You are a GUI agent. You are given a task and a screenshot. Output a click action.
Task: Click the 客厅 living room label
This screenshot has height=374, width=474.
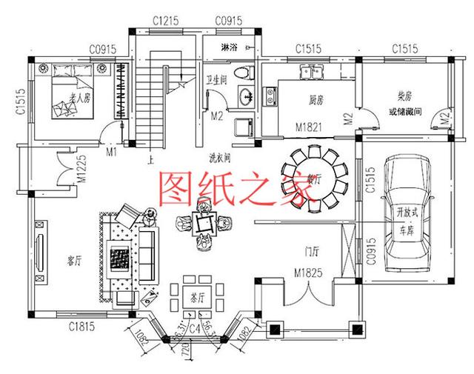[73, 261]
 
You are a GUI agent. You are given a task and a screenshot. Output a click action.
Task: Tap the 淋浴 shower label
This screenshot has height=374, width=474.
[230, 47]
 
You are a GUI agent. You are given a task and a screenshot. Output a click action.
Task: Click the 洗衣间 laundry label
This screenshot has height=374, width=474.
[220, 157]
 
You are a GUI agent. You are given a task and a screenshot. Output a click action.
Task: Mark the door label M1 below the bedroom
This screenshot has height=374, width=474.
[112, 152]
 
